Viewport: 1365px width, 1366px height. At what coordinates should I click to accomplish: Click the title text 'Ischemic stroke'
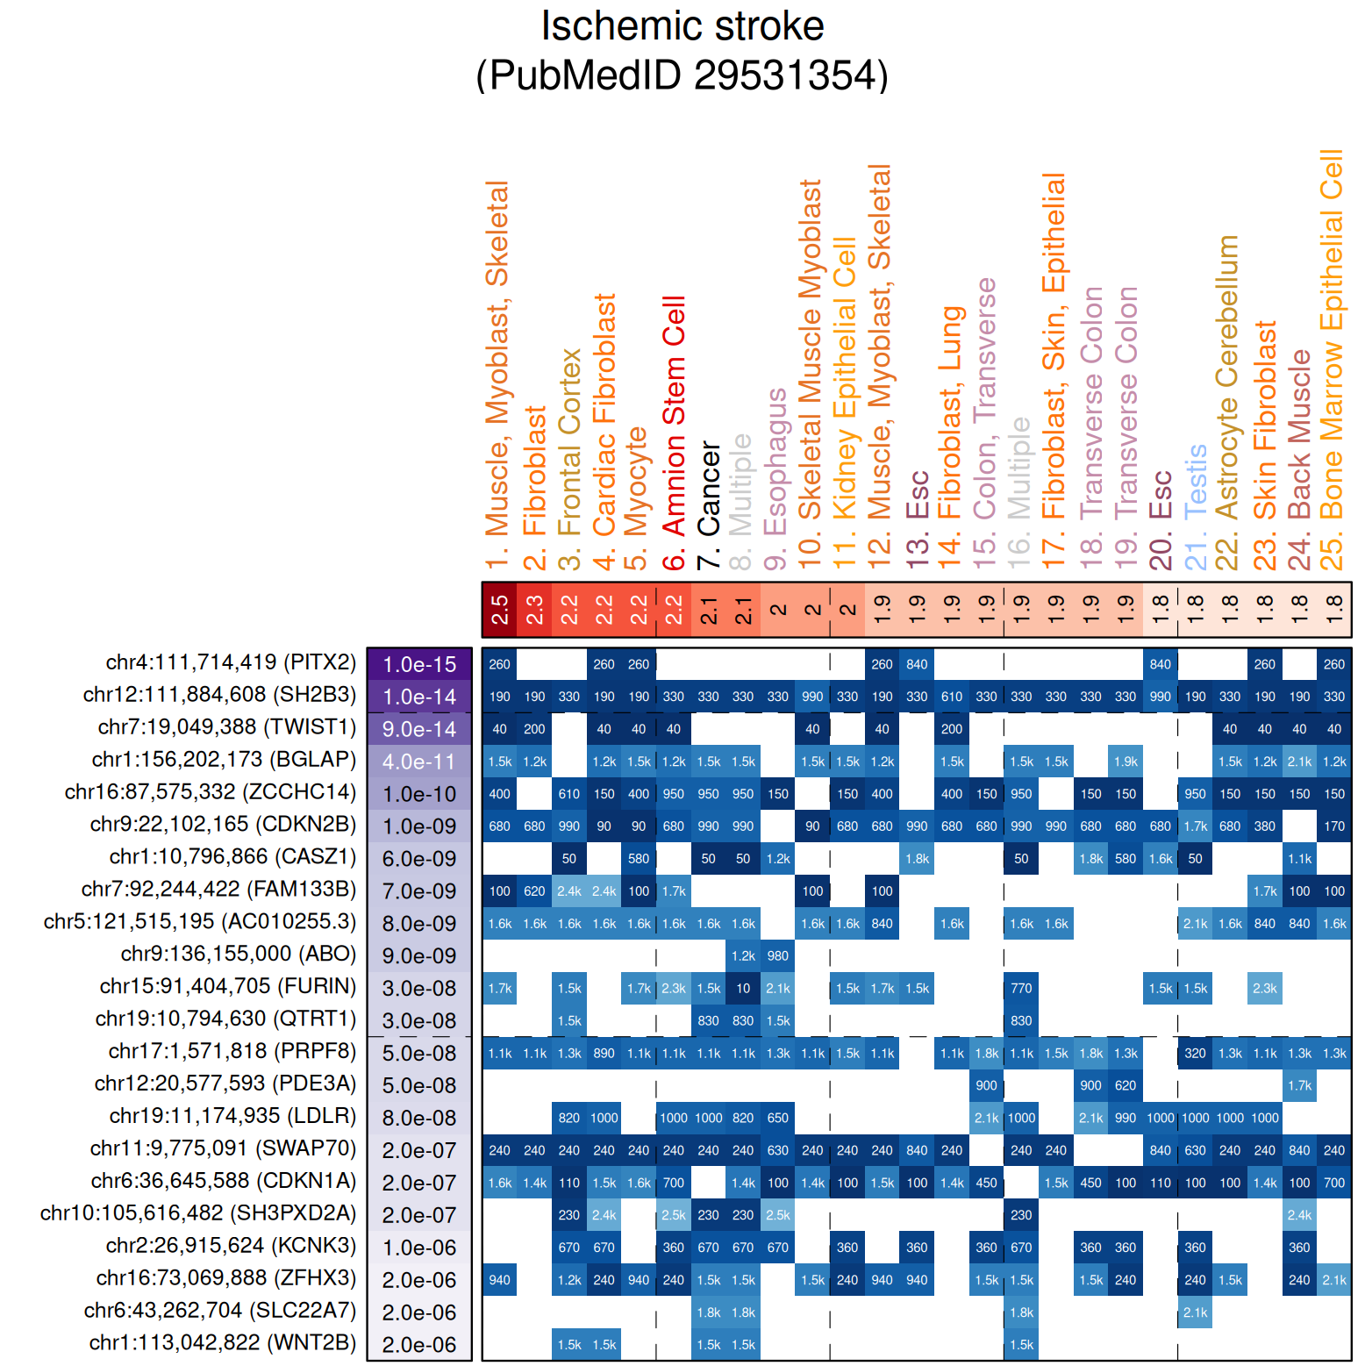[x=682, y=26]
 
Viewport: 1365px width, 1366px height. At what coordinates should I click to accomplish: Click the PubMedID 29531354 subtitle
[x=682, y=75]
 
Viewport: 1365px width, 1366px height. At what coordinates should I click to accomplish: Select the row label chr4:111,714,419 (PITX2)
[x=231, y=662]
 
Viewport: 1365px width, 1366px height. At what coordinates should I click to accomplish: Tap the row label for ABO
[x=238, y=955]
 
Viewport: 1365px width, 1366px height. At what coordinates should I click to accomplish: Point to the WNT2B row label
[x=222, y=1343]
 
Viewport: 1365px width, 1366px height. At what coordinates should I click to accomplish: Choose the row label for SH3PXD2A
[x=198, y=1213]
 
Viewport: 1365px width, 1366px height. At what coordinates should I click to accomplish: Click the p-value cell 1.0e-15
[x=419, y=664]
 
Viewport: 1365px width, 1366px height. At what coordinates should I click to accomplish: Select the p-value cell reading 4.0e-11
[x=419, y=762]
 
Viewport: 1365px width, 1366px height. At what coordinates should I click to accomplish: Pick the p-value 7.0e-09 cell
[x=419, y=891]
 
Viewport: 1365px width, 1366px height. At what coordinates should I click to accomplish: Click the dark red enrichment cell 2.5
[x=499, y=609]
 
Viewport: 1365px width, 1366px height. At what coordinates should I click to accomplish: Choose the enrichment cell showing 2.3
[x=534, y=609]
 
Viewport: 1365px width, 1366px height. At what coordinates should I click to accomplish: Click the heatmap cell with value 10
[x=743, y=989]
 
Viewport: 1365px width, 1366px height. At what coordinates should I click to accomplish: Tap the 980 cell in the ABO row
[x=778, y=956]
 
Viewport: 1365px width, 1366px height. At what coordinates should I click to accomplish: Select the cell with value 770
[x=1021, y=989]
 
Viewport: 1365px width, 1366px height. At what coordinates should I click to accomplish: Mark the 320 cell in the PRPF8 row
[x=1195, y=1054]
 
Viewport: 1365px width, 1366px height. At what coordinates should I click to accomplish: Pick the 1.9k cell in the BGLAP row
[x=1126, y=762]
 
